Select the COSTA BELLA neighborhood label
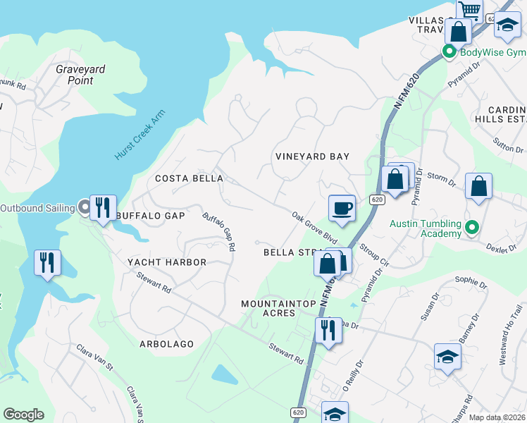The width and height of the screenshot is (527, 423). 189,178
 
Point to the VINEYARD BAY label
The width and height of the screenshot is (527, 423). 312,157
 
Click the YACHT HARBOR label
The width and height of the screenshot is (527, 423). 167,262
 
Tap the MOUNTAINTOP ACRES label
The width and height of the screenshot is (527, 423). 278,307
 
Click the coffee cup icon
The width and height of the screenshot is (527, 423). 342,208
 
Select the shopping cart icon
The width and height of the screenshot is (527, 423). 469,11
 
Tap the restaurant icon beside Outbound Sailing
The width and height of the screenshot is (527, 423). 103,207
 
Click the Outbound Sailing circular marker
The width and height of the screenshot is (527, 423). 85,207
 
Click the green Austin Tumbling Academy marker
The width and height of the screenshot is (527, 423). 473,228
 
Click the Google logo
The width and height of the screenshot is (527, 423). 23,415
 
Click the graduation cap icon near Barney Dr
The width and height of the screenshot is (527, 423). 447,357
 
